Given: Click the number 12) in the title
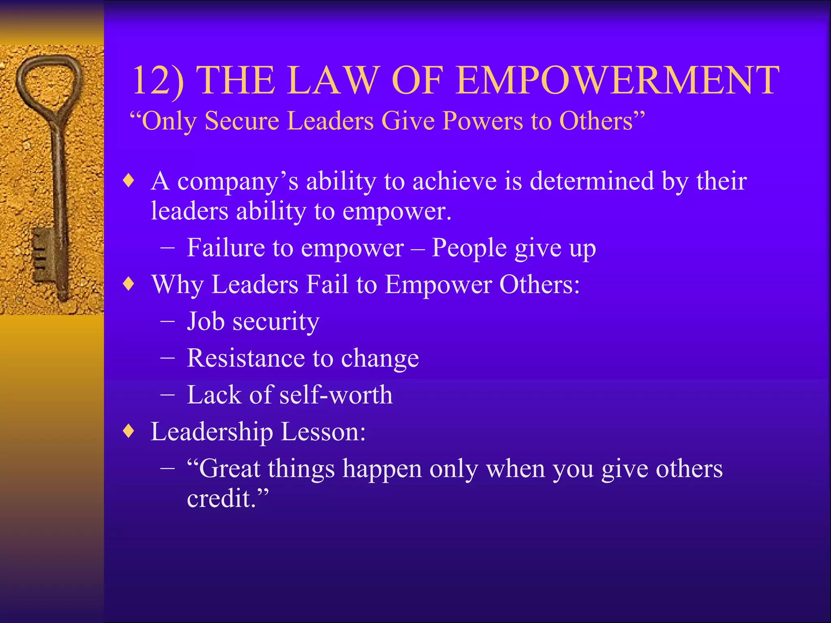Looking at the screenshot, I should point(157,81).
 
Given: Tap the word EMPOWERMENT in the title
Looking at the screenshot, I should point(617,81).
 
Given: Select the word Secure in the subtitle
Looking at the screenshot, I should point(242,121).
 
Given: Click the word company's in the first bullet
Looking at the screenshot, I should point(238,181).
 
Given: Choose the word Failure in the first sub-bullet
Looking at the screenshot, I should point(226,247).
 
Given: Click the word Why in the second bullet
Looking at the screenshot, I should point(177,285).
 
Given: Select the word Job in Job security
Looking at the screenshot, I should point(205,321).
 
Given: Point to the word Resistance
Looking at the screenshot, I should point(245,358).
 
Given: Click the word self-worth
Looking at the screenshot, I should point(336,395).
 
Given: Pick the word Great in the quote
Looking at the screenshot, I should point(229,469).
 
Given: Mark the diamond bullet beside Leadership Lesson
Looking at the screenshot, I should point(129,431).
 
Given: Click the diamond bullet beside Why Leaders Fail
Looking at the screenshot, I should point(129,284).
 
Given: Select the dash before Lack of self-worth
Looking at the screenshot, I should point(168,395).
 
